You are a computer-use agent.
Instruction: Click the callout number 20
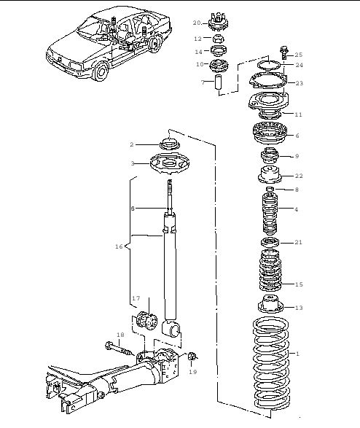197,23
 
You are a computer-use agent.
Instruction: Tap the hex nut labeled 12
219,39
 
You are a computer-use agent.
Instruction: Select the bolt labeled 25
283,52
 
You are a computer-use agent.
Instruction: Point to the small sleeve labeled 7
218,82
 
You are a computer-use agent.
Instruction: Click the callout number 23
300,83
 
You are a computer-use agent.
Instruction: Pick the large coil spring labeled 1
271,364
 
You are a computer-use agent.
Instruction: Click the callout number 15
299,284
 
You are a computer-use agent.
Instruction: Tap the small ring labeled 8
270,189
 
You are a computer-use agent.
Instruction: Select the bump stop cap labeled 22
270,175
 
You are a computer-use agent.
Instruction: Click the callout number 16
119,246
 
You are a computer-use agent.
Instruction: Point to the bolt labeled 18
118,350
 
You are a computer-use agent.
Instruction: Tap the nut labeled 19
192,356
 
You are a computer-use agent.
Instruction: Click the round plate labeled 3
170,165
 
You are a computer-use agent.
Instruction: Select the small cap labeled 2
170,144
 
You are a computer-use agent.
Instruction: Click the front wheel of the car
100,71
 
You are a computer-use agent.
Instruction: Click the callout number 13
299,308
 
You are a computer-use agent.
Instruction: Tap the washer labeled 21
270,242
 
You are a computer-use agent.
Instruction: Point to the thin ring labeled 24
269,66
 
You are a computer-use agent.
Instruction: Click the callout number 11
299,114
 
